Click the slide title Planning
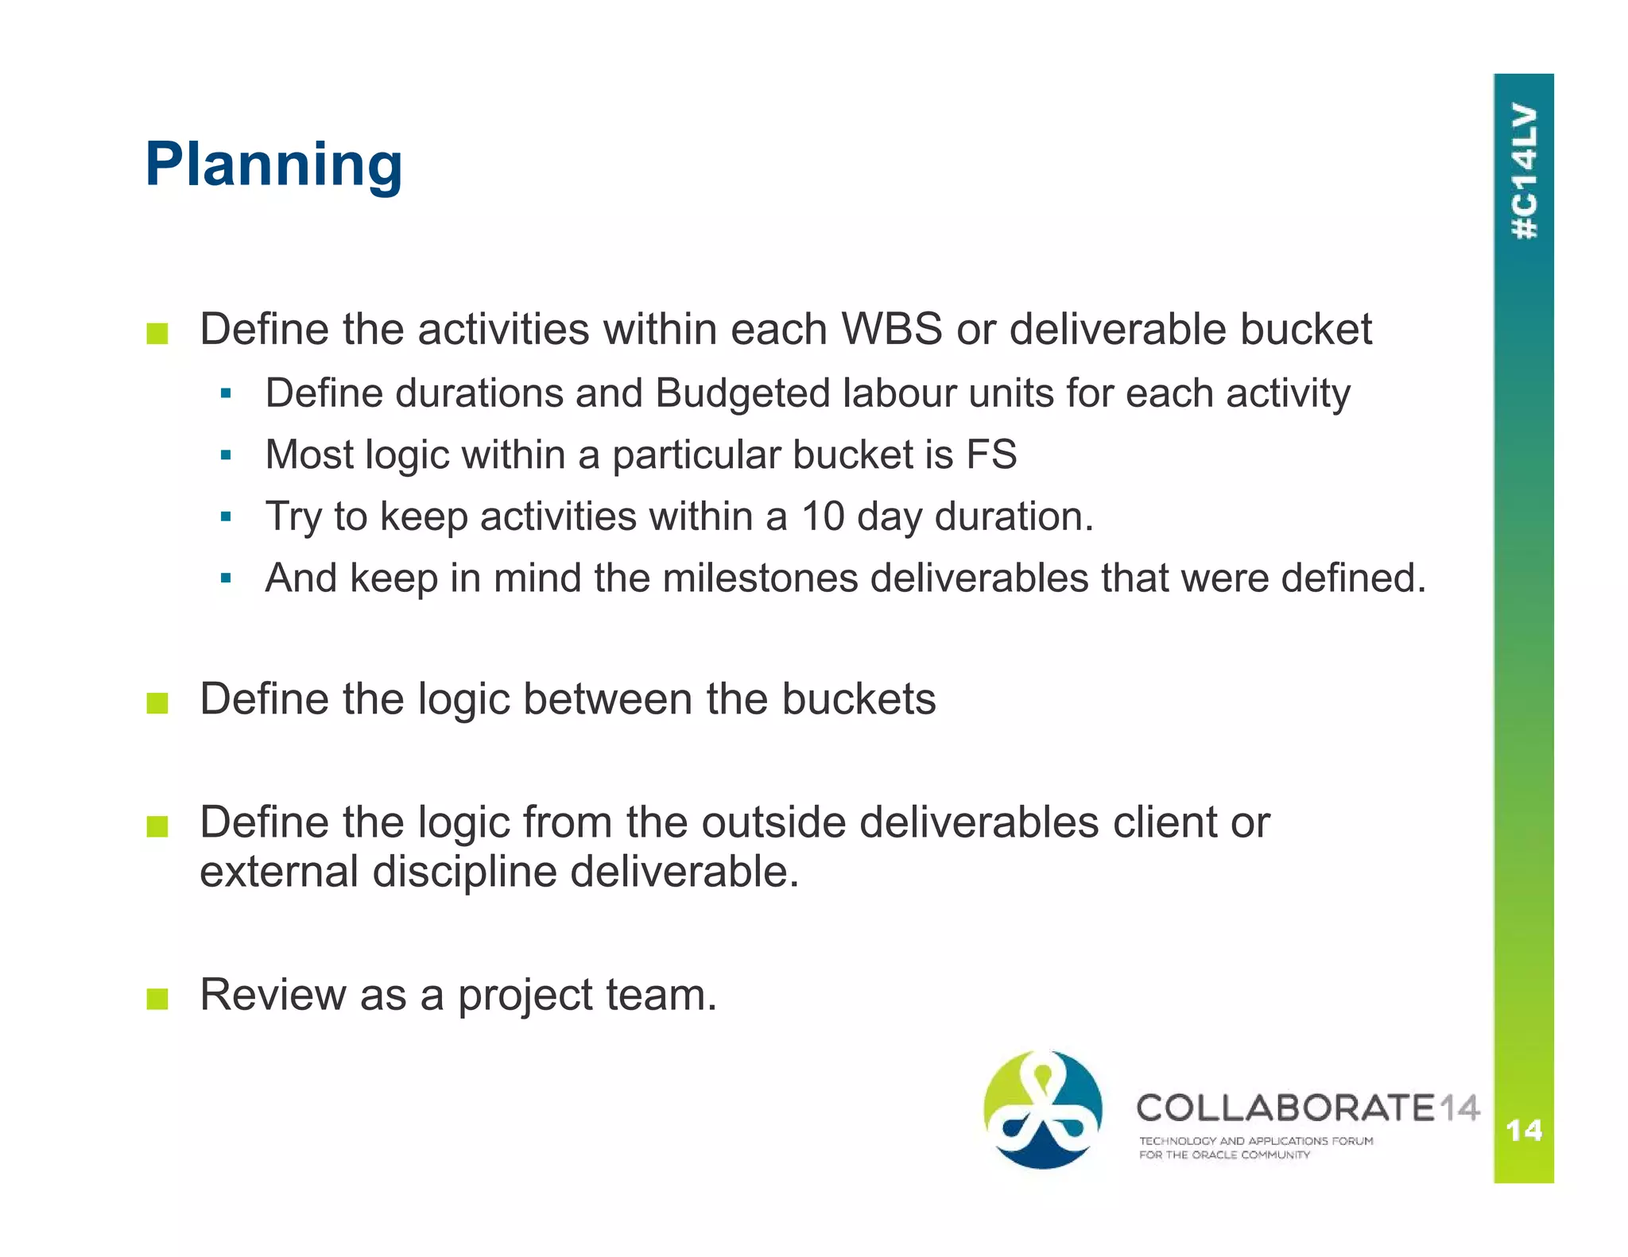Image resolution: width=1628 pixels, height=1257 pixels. (x=273, y=164)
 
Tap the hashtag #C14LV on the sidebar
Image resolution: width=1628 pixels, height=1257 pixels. (x=1524, y=171)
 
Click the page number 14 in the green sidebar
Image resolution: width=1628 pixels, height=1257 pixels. (x=1523, y=1130)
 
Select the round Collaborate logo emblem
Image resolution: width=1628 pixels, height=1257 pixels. (x=1042, y=1109)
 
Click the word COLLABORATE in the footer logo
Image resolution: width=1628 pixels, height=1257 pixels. (x=1285, y=1108)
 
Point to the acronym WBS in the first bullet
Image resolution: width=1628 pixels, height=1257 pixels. (x=891, y=329)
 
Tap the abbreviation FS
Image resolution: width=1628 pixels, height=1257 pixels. (x=991, y=454)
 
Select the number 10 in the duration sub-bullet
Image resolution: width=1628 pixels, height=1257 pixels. (x=822, y=516)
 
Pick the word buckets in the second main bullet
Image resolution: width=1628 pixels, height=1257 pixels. (x=859, y=699)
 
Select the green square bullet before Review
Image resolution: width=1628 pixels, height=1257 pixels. (x=157, y=999)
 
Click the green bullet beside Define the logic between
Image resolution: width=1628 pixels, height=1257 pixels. (x=157, y=703)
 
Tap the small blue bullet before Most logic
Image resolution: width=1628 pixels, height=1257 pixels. (x=226, y=456)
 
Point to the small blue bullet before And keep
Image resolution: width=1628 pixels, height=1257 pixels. (x=226, y=578)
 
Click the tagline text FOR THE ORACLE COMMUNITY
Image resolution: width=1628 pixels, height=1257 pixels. (x=1223, y=1155)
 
